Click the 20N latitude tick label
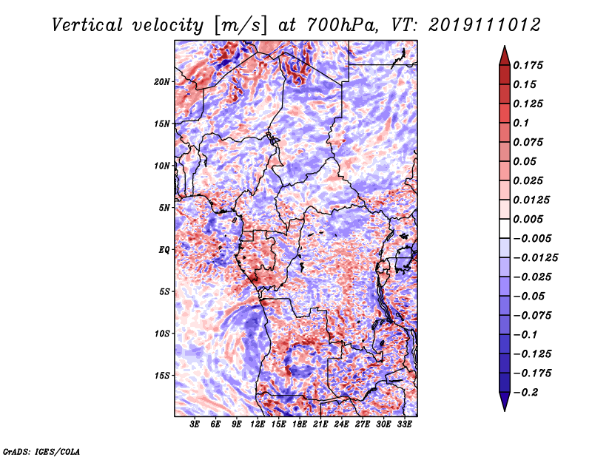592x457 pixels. tap(162, 82)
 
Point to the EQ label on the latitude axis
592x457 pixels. tap(164, 250)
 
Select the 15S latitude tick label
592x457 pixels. tap(162, 376)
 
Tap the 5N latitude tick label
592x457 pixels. tap(164, 208)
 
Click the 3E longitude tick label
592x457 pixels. tap(195, 424)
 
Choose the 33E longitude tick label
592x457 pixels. tap(404, 424)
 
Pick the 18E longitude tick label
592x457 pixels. tap(300, 424)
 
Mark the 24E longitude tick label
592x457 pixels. tap(341, 424)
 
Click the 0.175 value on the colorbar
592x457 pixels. tap(528, 65)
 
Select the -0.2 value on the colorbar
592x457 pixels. tap(525, 393)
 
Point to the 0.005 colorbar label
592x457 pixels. tap(528, 219)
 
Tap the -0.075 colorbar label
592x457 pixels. tap(532, 316)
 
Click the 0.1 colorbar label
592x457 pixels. tap(521, 123)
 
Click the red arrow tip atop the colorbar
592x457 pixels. tap(505, 46)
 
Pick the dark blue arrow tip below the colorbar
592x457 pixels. tap(505, 410)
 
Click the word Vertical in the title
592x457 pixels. tap(87, 25)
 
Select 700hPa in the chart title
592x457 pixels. tap(342, 25)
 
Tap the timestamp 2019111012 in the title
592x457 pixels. tap(485, 25)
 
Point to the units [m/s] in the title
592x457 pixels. tap(240, 26)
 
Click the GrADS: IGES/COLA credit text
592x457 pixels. tap(41, 451)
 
